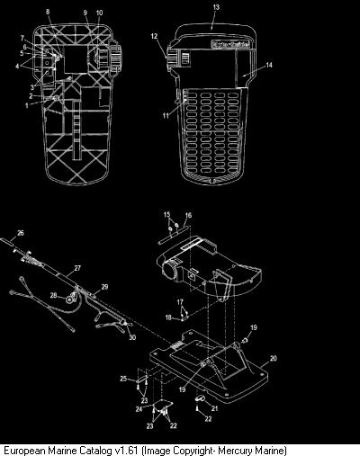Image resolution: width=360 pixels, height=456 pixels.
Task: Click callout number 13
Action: tap(216, 7)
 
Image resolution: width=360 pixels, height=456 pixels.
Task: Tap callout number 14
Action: tap(269, 65)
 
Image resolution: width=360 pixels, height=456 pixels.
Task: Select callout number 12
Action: tap(154, 36)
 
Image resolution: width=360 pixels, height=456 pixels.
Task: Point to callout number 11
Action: tap(166, 115)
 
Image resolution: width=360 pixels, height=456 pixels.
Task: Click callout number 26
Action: tap(21, 233)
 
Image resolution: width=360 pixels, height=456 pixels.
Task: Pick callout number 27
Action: tap(77, 268)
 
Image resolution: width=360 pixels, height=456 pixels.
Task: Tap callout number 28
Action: tap(53, 296)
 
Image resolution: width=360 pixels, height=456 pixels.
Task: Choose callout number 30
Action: tap(132, 337)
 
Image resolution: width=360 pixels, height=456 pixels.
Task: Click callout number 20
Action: tap(274, 358)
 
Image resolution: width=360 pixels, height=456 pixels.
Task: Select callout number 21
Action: tap(214, 408)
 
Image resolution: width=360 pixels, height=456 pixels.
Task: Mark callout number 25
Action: tap(123, 379)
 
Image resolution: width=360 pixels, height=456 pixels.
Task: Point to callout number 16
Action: tap(188, 215)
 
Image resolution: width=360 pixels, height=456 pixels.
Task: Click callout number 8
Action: tap(48, 12)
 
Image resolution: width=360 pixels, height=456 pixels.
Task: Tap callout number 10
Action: tap(99, 13)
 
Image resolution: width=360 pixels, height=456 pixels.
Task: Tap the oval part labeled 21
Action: tap(200, 398)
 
